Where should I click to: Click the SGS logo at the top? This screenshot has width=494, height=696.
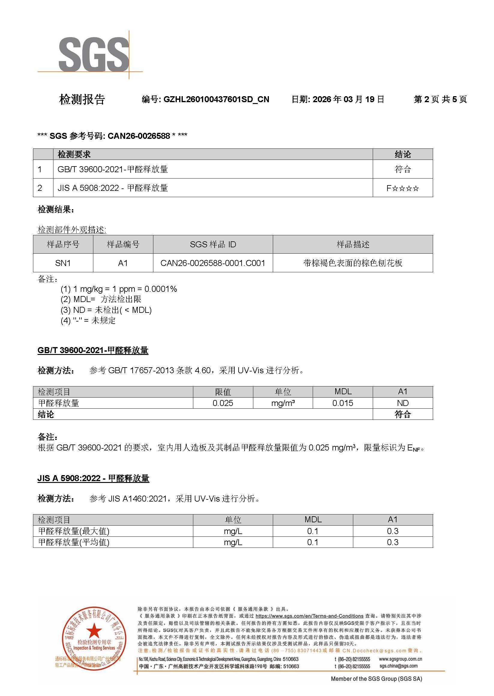tap(94, 55)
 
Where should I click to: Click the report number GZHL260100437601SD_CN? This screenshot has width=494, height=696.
tap(216, 99)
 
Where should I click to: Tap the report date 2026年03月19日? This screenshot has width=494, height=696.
tap(348, 99)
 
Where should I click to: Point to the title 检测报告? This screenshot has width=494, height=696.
tap(82, 99)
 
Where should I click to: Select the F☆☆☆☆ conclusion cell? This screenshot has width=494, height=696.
tap(402, 188)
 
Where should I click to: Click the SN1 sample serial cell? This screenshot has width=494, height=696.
tap(63, 263)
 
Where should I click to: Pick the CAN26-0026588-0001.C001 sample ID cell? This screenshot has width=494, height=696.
tap(212, 263)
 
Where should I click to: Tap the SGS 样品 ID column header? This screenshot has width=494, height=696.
tap(212, 244)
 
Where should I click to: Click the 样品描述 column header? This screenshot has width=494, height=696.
tap(353, 244)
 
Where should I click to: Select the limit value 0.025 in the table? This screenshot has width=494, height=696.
tap(223, 403)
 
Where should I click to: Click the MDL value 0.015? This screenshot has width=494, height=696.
tap(342, 403)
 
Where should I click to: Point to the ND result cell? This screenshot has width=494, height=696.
tap(402, 403)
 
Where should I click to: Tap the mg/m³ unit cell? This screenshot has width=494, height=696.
tap(283, 403)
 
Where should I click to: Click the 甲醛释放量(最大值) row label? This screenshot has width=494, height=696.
tap(74, 531)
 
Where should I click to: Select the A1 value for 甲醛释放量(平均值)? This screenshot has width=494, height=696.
tap(392, 542)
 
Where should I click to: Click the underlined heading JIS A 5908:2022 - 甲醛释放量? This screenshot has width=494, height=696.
tap(93, 478)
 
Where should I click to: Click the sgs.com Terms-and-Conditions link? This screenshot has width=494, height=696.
tap(309, 616)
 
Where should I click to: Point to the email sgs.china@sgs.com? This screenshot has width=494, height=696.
tap(398, 666)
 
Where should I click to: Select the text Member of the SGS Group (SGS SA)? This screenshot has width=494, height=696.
tap(376, 679)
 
